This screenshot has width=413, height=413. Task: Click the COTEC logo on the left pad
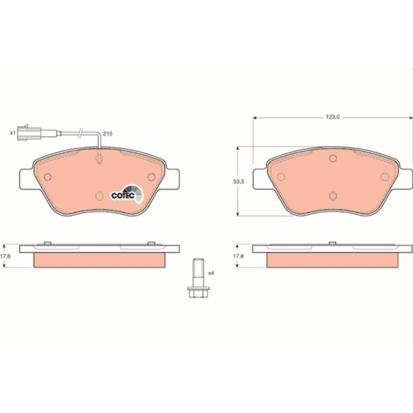click(x=127, y=194)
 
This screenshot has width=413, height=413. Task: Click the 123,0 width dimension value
click(x=333, y=117)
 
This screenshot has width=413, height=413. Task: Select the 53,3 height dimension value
click(x=239, y=182)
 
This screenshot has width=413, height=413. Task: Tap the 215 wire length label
click(x=107, y=134)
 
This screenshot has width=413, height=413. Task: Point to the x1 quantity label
click(x=12, y=133)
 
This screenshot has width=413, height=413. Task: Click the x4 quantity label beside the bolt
click(x=211, y=273)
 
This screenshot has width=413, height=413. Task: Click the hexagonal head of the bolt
click(x=198, y=292)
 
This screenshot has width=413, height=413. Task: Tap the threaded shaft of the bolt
click(x=198, y=272)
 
